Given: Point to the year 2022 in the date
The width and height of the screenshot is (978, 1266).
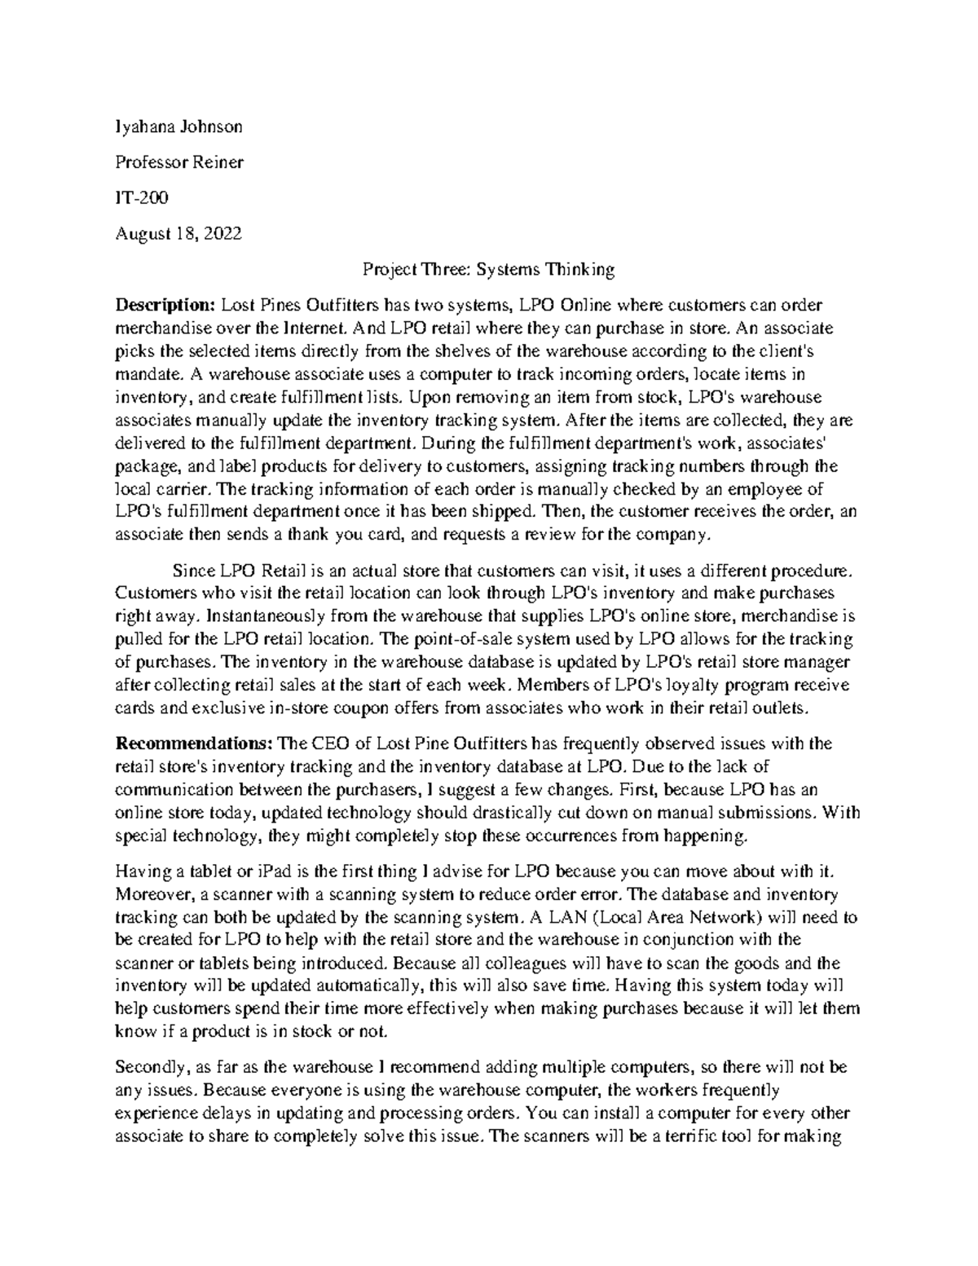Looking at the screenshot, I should point(222,234).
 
